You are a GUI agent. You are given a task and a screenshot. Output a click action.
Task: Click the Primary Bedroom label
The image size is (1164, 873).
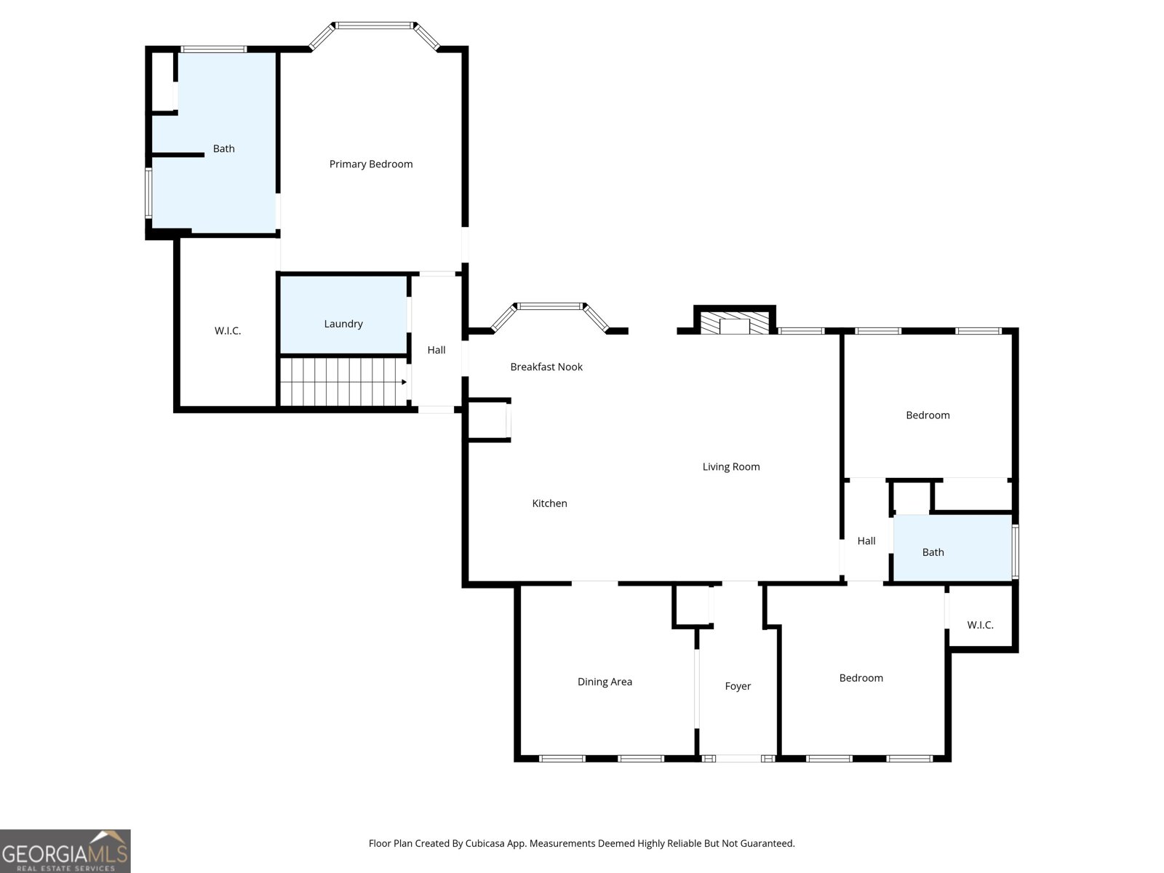(370, 164)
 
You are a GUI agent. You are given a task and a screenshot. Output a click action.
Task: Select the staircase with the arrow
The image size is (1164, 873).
(342, 382)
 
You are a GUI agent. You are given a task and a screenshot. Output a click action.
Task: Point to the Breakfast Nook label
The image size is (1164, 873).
(546, 367)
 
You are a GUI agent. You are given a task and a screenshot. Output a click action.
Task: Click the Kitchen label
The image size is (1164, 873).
(549, 503)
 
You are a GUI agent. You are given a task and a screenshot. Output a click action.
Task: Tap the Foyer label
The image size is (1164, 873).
(738, 686)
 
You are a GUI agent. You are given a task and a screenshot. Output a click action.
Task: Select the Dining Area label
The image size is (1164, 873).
(605, 682)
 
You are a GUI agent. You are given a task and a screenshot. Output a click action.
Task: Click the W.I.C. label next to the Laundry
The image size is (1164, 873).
(228, 331)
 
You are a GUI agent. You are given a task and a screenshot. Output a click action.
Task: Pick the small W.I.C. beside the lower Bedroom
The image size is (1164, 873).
(980, 625)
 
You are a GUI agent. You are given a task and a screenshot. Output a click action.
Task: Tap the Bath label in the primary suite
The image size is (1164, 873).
(223, 148)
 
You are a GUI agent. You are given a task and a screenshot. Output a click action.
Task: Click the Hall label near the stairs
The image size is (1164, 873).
(436, 350)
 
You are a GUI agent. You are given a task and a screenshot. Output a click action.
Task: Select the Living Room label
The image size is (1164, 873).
(730, 467)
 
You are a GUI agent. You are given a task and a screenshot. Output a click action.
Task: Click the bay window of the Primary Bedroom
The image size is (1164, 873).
(375, 26)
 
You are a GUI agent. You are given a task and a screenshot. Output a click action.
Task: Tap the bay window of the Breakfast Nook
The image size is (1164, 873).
(550, 306)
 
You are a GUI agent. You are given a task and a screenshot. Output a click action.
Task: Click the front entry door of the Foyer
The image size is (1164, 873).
(738, 758)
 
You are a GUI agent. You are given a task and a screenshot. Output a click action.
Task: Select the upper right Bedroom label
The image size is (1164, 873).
(928, 415)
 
